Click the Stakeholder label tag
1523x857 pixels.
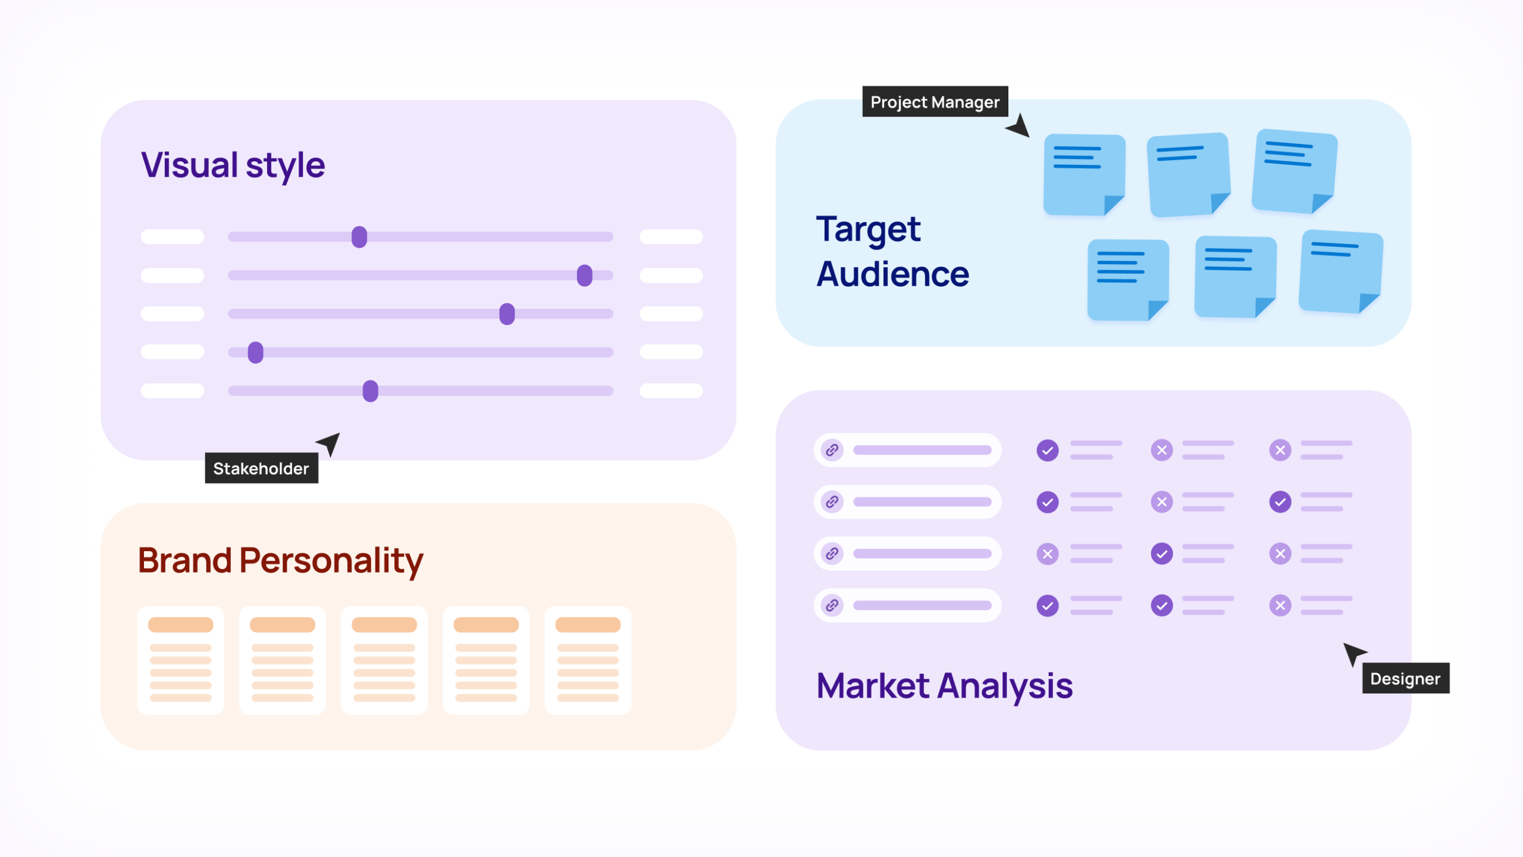261,468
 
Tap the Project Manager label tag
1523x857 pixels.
935,102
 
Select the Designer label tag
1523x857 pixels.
1405,678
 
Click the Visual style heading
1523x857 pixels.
233,165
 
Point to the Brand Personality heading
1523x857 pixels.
280,560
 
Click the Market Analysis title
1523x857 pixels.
944,686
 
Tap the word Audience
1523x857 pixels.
892,274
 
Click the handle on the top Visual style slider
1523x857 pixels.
359,237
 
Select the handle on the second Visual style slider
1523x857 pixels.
585,276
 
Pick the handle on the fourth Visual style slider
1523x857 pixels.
256,352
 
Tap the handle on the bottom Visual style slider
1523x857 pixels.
370,391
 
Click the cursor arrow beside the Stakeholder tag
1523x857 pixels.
330,443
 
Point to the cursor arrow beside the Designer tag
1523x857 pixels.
1353,653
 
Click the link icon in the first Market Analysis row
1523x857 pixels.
832,450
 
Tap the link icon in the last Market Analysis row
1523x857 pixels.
832,605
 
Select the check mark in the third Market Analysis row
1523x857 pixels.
1161,553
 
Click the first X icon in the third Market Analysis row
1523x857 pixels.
1048,553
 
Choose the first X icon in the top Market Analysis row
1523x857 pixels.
1161,450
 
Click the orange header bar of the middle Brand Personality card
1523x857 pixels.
384,624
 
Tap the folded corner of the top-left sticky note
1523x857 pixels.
1113,204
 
